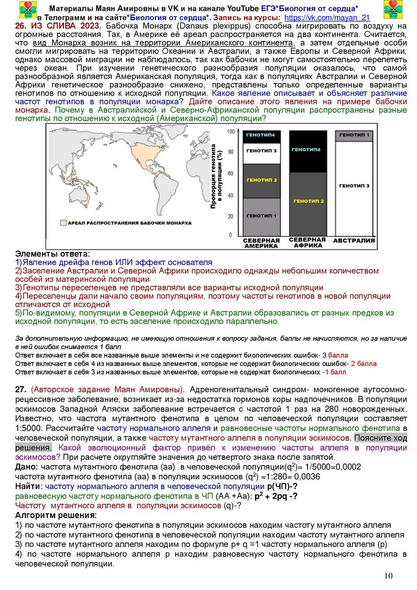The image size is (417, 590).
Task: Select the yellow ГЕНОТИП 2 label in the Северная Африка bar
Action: point(309,201)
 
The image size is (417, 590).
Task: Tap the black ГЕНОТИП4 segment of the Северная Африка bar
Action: point(307,150)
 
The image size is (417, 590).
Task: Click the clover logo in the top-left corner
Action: point(27,10)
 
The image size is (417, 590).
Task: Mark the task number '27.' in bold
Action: point(21,389)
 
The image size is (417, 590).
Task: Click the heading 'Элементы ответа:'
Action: point(52,254)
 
